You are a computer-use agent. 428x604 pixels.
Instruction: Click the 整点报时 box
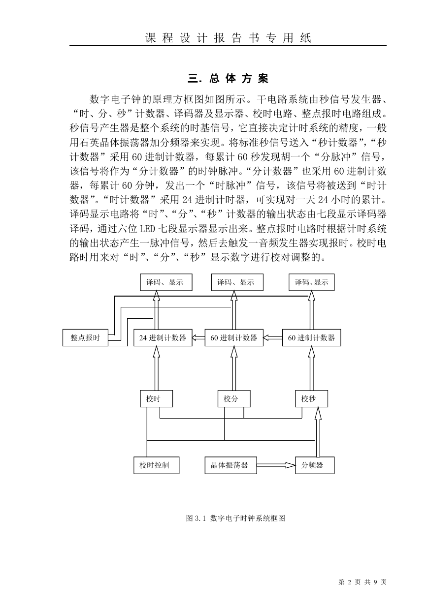click(x=85, y=337)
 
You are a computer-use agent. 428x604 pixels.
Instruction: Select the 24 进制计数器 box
click(x=163, y=337)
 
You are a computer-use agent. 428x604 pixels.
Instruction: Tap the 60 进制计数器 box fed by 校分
click(x=234, y=337)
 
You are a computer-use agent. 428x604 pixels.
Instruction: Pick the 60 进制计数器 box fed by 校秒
click(x=312, y=337)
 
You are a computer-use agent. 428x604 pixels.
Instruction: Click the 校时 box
click(x=156, y=398)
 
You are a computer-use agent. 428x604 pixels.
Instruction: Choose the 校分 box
click(x=234, y=398)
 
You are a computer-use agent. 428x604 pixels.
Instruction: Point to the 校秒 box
click(x=312, y=398)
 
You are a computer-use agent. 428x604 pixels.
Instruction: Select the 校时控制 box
click(x=156, y=465)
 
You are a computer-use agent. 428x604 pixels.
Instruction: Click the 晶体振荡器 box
click(x=231, y=465)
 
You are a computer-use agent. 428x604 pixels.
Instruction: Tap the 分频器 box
click(x=315, y=465)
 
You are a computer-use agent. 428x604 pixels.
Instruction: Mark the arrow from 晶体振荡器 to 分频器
click(x=276, y=465)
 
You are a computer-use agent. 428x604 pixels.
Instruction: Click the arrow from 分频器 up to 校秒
click(x=318, y=432)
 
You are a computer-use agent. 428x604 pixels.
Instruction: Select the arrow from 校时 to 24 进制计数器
click(x=156, y=368)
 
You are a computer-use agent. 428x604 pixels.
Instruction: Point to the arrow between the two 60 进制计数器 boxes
click(x=273, y=337)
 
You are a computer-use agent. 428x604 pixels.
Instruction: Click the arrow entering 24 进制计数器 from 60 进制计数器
click(x=198, y=337)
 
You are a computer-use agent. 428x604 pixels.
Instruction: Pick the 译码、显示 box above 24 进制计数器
click(x=166, y=282)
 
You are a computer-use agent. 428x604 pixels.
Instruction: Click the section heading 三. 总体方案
click(x=228, y=79)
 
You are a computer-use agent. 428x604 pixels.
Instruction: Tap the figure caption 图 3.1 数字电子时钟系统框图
click(x=235, y=518)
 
